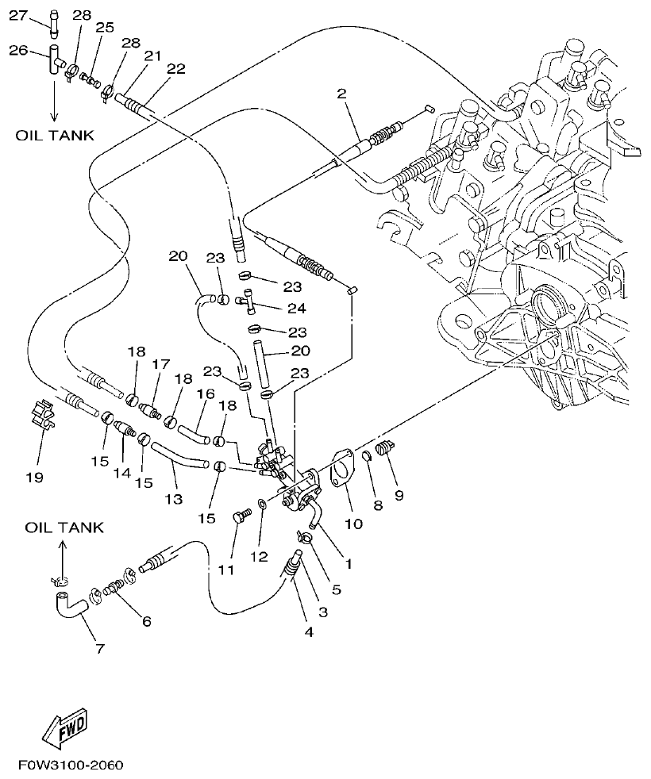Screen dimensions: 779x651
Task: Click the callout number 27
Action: tap(17, 14)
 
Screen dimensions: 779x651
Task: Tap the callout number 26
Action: tap(17, 50)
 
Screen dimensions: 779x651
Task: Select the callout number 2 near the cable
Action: tap(341, 94)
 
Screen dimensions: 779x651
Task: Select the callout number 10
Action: tap(353, 524)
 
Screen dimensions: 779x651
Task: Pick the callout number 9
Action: tap(399, 496)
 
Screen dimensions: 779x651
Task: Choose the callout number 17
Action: tap(162, 365)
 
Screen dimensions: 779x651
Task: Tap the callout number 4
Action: tap(308, 632)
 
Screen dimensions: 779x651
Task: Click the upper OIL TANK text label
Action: tap(55, 136)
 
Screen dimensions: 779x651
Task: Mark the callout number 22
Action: tap(176, 69)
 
